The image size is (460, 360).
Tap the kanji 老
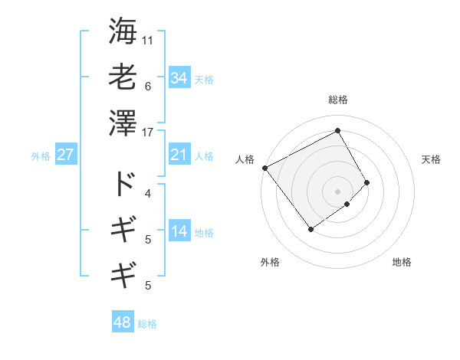point(123,77)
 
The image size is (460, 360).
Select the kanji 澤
point(123,123)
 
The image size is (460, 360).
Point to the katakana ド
point(123,185)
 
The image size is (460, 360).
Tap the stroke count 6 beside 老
point(148,86)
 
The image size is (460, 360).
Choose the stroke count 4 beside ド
point(148,193)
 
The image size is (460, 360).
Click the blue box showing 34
point(179,77)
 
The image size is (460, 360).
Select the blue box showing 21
point(179,155)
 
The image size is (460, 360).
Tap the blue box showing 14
point(179,231)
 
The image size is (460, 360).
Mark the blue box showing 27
point(65,155)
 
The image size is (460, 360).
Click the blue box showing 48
point(123,322)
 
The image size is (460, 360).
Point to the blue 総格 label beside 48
point(147,324)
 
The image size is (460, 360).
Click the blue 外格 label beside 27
point(41,156)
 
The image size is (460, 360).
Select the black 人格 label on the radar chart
point(245,159)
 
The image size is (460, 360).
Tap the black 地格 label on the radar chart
point(402,262)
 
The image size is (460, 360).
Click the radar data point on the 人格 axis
point(264,168)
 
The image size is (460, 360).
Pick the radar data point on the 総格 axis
point(337,130)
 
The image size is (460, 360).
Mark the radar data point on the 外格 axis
point(311,228)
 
